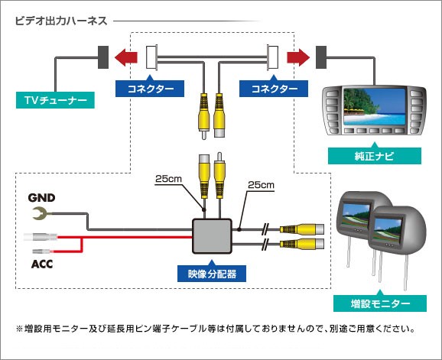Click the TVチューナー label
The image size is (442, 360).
pyautogui.click(x=55, y=100)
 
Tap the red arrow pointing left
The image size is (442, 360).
pyautogui.click(x=125, y=57)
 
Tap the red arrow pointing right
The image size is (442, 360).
pyautogui.click(x=298, y=57)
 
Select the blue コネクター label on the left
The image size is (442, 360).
pyautogui.click(x=150, y=89)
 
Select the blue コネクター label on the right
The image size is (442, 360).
pyautogui.click(x=274, y=89)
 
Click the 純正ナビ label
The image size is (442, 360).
pyautogui.click(x=375, y=156)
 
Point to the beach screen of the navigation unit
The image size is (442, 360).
pyautogui.click(x=374, y=107)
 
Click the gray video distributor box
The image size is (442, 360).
pyautogui.click(x=213, y=236)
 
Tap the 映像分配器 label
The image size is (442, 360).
pyautogui.click(x=212, y=274)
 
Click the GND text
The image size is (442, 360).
pyautogui.click(x=41, y=198)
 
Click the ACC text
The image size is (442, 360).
pyautogui.click(x=42, y=264)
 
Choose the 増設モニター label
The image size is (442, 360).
pyautogui.click(x=380, y=303)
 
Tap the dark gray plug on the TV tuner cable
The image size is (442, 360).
pyautogui.click(x=103, y=57)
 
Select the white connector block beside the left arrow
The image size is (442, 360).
pyautogui.click(x=151, y=57)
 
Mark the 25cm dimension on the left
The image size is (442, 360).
pyautogui.click(x=168, y=179)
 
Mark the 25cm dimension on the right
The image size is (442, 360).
pyautogui.click(x=261, y=185)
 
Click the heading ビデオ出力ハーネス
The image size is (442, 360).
pyautogui.click(x=61, y=21)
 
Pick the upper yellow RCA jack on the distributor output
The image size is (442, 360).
pyautogui.click(x=302, y=229)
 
